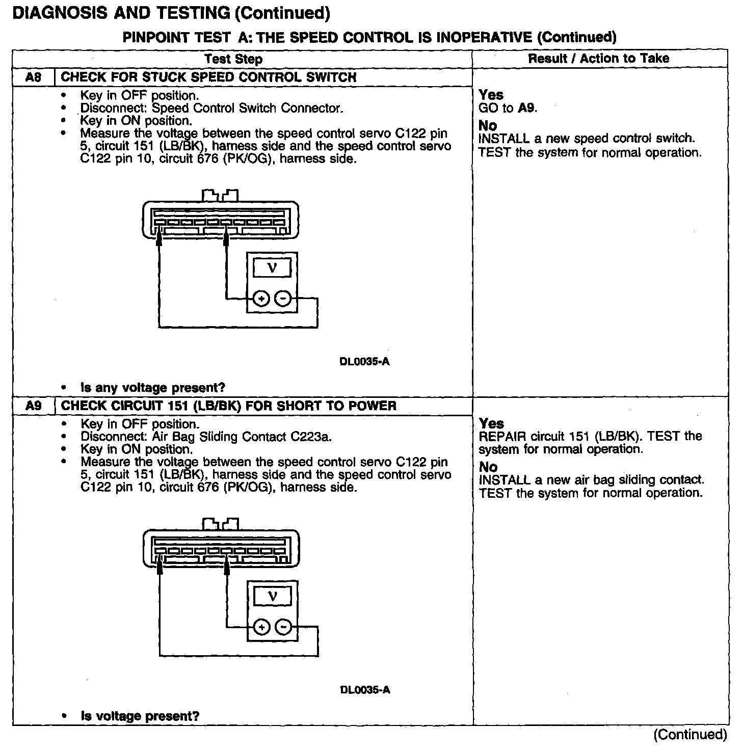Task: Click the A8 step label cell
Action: point(33,77)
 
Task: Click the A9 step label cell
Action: point(33,406)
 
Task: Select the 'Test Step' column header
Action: point(233,59)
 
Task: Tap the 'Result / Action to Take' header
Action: point(598,59)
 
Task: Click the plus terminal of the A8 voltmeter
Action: point(260,299)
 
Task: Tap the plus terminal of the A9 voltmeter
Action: point(261,627)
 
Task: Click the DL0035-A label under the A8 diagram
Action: point(364,362)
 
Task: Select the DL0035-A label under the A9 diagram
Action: point(365,690)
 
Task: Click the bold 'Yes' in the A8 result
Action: point(491,95)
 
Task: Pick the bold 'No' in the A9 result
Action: point(488,467)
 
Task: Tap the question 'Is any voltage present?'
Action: point(153,388)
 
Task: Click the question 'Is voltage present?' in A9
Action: point(140,716)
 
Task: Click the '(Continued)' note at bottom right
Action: point(691,735)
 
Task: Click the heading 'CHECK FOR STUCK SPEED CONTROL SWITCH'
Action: point(208,77)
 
